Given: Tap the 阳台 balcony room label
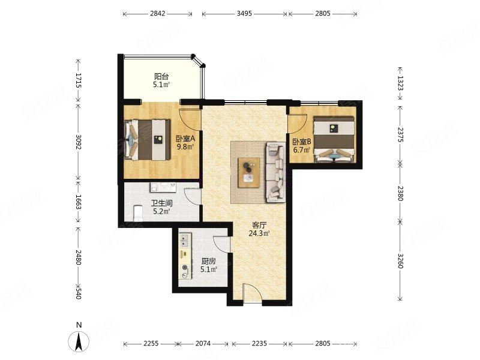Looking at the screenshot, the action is (x=161, y=76).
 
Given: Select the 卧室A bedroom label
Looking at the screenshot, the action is (x=185, y=139).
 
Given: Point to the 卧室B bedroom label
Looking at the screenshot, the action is (x=302, y=142).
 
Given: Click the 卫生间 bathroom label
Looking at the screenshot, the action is (x=161, y=203).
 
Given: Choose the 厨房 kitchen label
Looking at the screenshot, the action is (x=208, y=261).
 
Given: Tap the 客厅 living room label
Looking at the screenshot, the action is (x=259, y=226).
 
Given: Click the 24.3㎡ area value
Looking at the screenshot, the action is (x=259, y=233).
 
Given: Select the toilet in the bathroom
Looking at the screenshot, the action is (x=139, y=214).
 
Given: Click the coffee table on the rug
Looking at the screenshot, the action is (x=249, y=173).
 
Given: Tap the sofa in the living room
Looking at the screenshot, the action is (x=275, y=172).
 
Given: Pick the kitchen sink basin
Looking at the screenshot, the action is (x=184, y=241).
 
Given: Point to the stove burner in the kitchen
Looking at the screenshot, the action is (x=185, y=267).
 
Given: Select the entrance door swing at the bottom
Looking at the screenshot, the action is (x=252, y=293).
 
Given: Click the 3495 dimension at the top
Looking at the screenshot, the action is (x=244, y=13).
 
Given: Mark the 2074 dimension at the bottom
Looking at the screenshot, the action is (x=203, y=344).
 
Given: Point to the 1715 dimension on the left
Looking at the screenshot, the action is (x=79, y=80).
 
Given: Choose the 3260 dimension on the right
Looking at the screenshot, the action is (x=400, y=260).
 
